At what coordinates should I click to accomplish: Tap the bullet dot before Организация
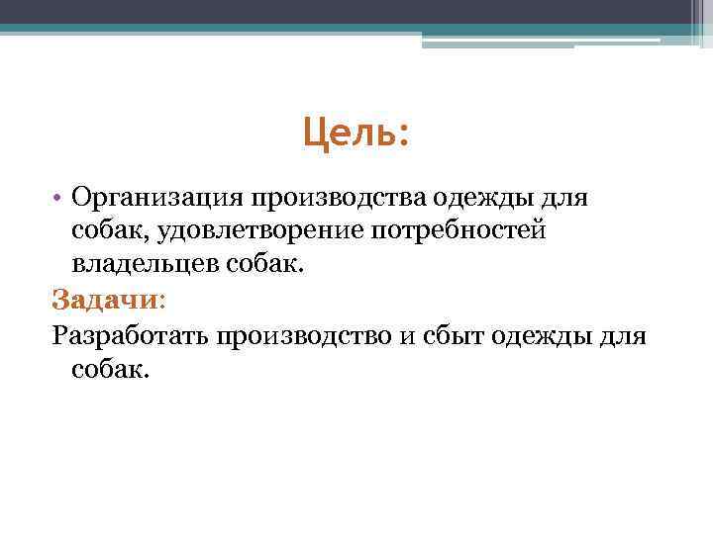click(59, 198)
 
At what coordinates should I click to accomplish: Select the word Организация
click(156, 198)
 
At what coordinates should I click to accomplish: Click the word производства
click(338, 198)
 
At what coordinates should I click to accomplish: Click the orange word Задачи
click(103, 300)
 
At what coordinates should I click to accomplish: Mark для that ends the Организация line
click(565, 198)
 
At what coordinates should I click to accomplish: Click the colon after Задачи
click(161, 300)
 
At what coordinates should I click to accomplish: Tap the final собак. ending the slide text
click(109, 369)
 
